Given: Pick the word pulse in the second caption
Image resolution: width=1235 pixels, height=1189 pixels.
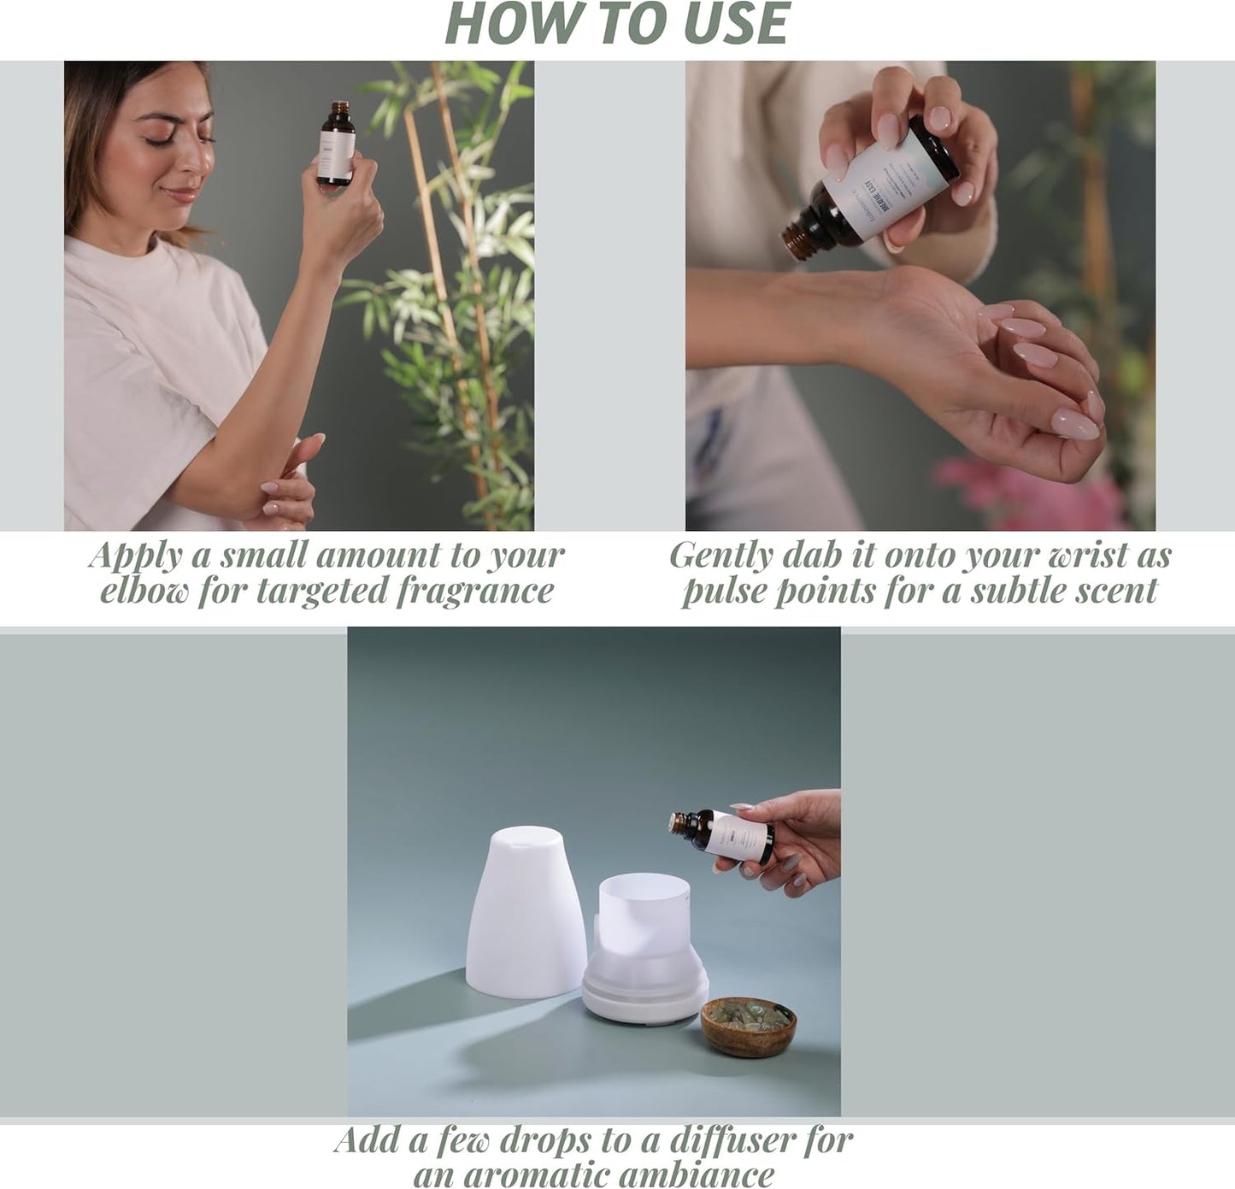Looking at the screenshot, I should click(x=723, y=591).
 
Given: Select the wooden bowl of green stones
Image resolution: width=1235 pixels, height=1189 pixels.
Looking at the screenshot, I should click(x=748, y=1027).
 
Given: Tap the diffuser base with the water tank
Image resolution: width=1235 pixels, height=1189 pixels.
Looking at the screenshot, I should click(x=645, y=957).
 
